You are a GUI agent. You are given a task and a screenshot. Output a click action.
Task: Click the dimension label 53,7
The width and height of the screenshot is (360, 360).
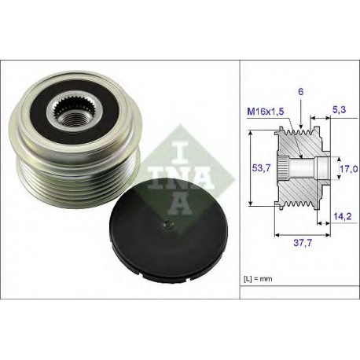pos(261,167)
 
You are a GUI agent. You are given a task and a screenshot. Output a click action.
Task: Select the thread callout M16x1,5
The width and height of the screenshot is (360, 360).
pos(266,112)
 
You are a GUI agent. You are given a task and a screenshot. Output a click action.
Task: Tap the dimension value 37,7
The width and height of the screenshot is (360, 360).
pos(303,243)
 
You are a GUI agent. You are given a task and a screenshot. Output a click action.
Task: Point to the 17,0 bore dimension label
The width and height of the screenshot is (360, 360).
pos(348,169)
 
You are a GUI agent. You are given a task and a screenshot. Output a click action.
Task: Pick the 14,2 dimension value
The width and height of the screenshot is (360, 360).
pos(342,216)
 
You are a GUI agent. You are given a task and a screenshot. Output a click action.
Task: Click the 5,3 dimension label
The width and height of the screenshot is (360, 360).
pos(339,109)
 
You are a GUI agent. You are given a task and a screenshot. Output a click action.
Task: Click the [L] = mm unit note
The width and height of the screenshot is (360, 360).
pos(258,279)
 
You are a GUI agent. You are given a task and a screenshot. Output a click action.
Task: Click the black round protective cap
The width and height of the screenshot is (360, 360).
pos(168,228)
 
